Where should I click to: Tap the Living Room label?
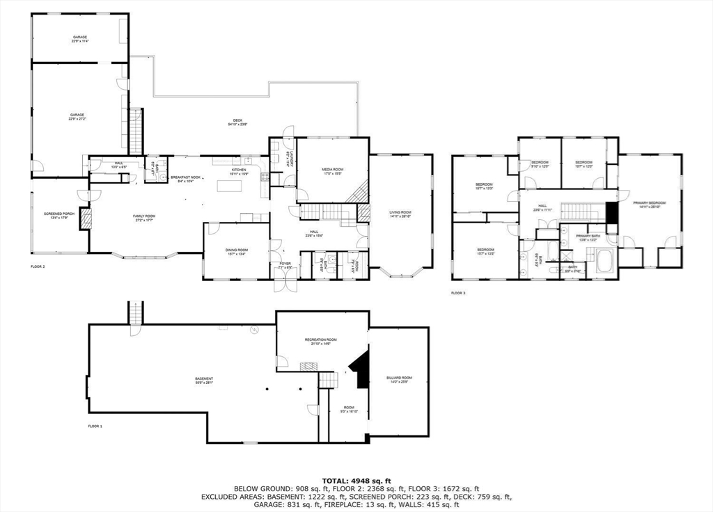pos(400,214)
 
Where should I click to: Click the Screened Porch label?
pos(58,214)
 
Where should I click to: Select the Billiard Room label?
pos(399,379)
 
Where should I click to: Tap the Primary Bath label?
pos(588,237)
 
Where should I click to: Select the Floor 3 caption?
pos(458,293)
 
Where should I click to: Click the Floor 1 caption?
pos(95,426)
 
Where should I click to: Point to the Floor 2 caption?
pos(38,266)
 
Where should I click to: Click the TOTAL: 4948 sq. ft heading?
pos(356,481)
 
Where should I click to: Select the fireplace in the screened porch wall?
pos(86,218)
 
